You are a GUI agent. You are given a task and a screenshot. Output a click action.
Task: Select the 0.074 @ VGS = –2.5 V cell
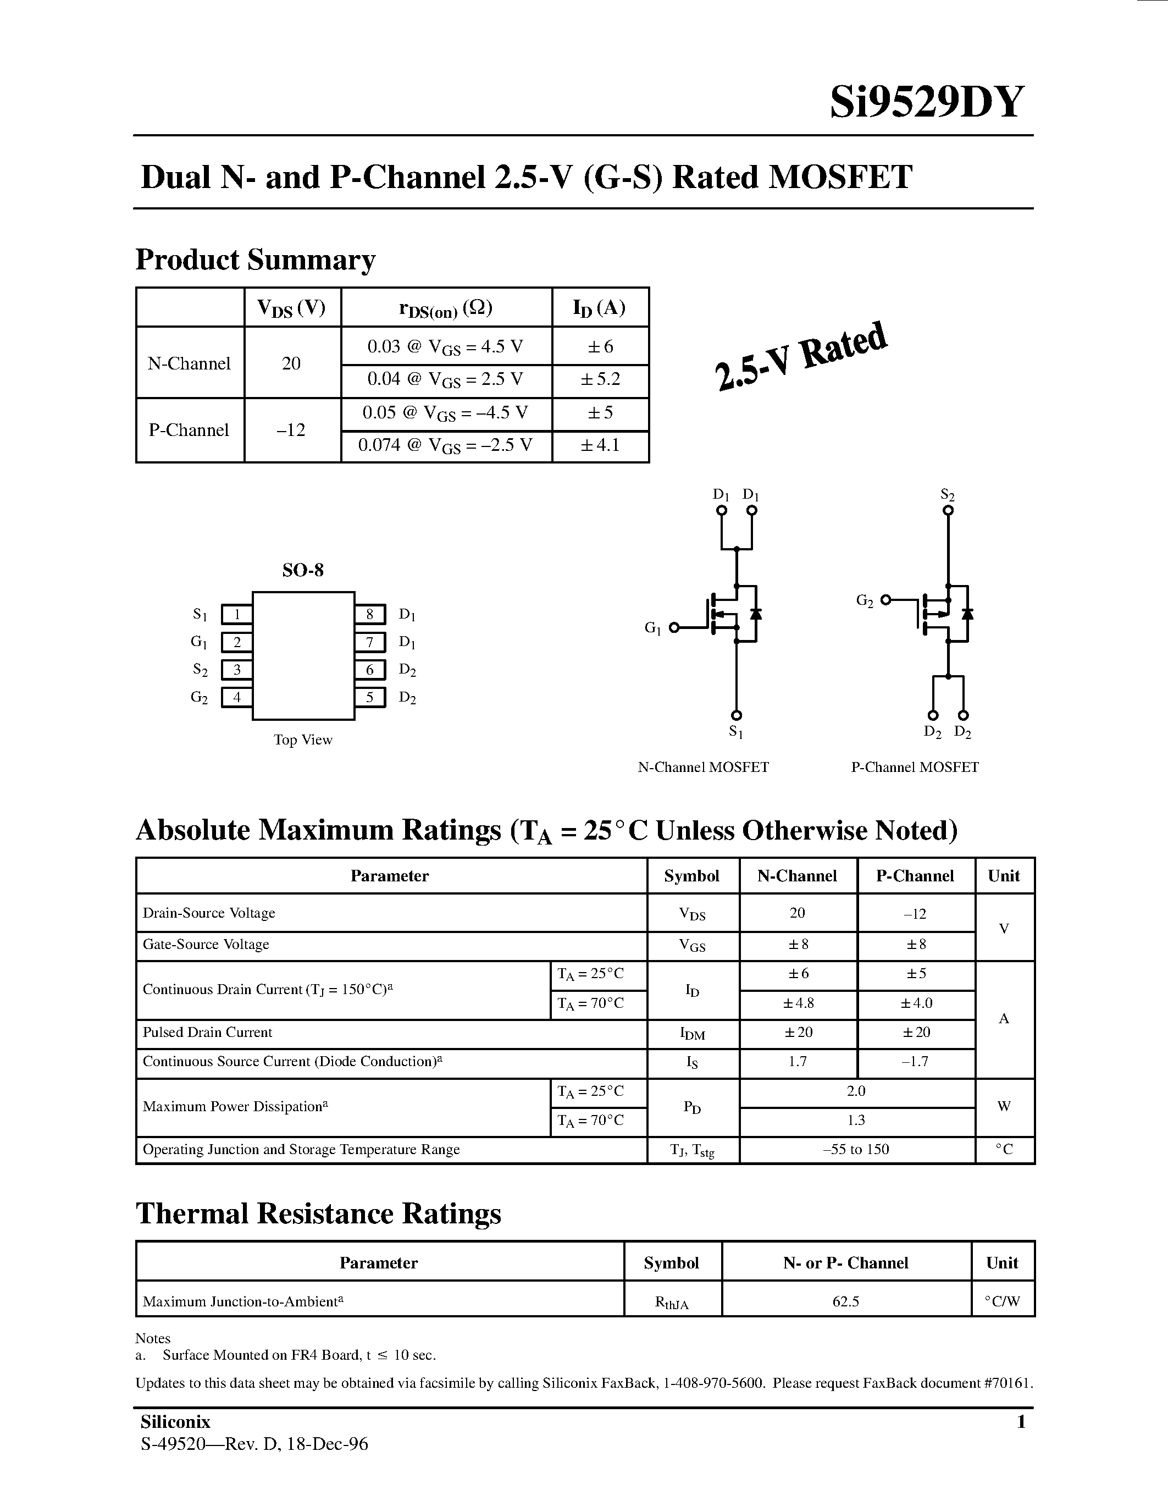(446, 445)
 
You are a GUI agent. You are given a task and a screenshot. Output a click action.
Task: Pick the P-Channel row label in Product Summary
(189, 430)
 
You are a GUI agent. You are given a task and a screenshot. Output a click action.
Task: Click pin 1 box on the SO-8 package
(237, 614)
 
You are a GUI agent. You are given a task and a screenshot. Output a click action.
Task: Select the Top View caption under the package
(303, 740)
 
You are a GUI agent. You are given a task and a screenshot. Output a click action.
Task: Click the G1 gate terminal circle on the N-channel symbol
(674, 627)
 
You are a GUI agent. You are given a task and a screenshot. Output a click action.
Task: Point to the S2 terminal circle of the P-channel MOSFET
(948, 511)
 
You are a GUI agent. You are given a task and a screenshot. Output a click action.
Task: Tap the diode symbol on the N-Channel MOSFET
(756, 614)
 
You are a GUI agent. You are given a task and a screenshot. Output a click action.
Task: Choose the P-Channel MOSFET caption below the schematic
(915, 767)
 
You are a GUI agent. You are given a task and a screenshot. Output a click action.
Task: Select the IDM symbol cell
(692, 1034)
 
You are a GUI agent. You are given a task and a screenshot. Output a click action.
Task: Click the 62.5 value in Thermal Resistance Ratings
(845, 1301)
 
